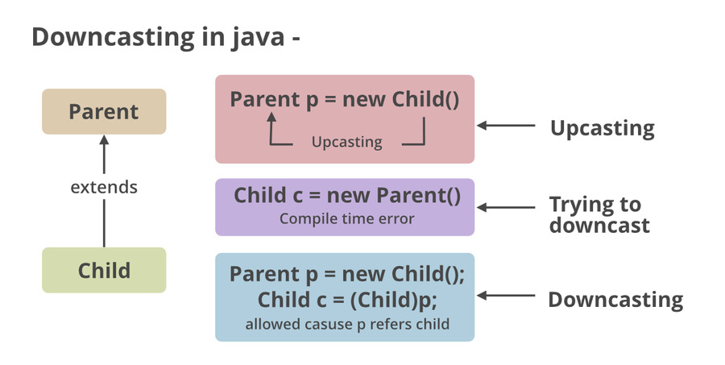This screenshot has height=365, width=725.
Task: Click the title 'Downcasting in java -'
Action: pyautogui.click(x=166, y=37)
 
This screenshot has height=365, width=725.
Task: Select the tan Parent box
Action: pyautogui.click(x=104, y=112)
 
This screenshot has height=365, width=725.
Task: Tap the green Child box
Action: pyautogui.click(x=104, y=270)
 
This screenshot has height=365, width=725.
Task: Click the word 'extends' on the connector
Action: pyautogui.click(x=104, y=188)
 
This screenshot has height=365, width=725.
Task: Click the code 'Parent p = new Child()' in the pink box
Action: pyautogui.click(x=345, y=100)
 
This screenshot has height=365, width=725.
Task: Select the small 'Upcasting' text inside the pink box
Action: pyautogui.click(x=346, y=142)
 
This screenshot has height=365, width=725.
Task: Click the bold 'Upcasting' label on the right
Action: pyautogui.click(x=602, y=127)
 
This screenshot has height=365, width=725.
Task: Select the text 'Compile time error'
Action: pyautogui.click(x=346, y=218)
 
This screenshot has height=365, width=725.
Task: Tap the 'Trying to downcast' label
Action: pyautogui.click(x=599, y=214)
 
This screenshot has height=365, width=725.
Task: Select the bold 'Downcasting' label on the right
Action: pyautogui.click(x=615, y=300)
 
